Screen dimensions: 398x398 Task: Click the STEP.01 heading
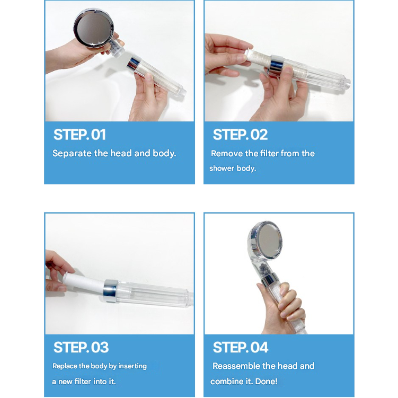pos(79,135)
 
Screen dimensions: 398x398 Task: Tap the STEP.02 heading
pos(240,135)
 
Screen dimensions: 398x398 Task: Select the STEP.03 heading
pos(81,347)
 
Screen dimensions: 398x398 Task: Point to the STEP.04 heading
pos(241,347)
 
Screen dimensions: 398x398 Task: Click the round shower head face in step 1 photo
pos(94,28)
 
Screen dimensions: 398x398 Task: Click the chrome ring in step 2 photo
pos(276,66)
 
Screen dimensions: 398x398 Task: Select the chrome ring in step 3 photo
pos(111,291)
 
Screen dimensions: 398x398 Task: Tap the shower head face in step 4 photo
pos(266,240)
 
